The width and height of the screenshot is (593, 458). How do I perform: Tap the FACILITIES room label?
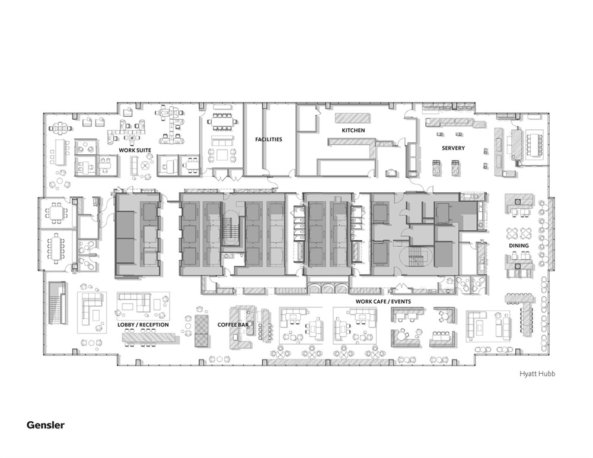[269, 139]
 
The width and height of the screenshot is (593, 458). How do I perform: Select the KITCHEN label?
[353, 130]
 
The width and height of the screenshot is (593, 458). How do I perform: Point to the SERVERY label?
[452, 148]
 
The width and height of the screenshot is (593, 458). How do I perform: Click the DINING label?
[518, 246]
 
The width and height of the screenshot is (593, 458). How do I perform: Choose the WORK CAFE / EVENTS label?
[383, 301]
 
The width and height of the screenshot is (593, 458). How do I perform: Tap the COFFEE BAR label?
[233, 325]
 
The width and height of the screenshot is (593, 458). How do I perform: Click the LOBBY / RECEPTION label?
[143, 325]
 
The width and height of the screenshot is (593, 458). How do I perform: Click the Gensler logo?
[45, 425]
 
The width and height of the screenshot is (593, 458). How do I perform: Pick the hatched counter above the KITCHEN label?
[352, 117]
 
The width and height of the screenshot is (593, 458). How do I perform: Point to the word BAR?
[243, 325]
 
